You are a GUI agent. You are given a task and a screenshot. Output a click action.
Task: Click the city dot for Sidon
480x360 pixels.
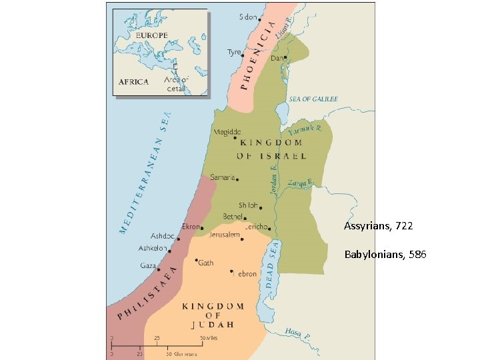coord(259,19)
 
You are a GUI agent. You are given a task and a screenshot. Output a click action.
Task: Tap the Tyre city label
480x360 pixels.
coord(234,52)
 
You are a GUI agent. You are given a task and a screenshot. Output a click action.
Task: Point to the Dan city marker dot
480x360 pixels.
coord(285,58)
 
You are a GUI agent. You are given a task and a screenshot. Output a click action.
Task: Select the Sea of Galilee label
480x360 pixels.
coord(313,99)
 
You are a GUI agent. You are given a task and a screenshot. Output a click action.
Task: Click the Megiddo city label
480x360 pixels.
coord(227,132)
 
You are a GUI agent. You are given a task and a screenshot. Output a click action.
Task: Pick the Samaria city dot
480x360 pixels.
coord(237,179)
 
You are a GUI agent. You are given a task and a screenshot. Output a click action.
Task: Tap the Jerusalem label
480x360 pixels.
coord(224,235)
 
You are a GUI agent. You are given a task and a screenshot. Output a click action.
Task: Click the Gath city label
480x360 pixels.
coord(206,263)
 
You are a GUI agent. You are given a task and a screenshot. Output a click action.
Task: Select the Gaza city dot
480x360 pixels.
coord(159,269)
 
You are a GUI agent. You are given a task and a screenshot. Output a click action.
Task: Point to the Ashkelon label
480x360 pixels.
coord(153,248)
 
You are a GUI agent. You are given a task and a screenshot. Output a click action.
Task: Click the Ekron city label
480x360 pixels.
coord(191,227)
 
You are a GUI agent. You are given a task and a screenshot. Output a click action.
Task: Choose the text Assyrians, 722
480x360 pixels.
coord(378,227)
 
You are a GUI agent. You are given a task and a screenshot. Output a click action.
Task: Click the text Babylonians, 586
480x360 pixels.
coord(385,255)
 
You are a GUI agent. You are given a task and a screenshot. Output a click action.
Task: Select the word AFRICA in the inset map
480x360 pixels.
coord(133,81)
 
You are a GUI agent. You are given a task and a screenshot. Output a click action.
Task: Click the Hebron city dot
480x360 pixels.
coord(232,271)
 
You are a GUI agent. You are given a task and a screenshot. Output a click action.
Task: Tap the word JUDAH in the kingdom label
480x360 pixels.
coord(213,325)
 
